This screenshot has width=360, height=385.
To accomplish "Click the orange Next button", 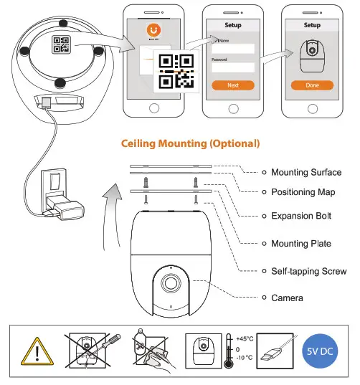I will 232,85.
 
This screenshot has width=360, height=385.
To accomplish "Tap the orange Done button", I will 312,85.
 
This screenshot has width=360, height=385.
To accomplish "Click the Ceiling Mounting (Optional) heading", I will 190,143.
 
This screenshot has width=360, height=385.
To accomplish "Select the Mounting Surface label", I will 306,172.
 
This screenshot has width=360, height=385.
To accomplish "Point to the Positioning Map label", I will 303,192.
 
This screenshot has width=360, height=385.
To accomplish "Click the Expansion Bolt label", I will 300,216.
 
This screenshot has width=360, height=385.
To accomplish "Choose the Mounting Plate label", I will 301,244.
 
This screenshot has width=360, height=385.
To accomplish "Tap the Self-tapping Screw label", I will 308,271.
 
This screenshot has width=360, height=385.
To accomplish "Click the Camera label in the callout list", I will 287,298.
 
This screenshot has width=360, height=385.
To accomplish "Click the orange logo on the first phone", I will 152,31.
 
